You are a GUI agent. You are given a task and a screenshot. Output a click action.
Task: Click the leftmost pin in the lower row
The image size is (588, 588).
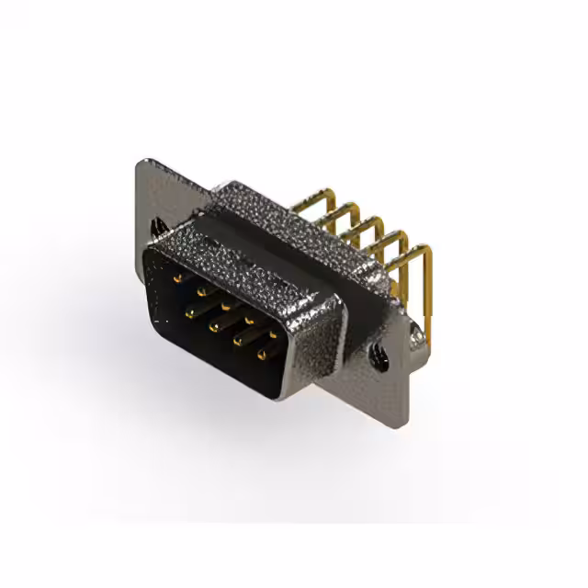tap(190, 312)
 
